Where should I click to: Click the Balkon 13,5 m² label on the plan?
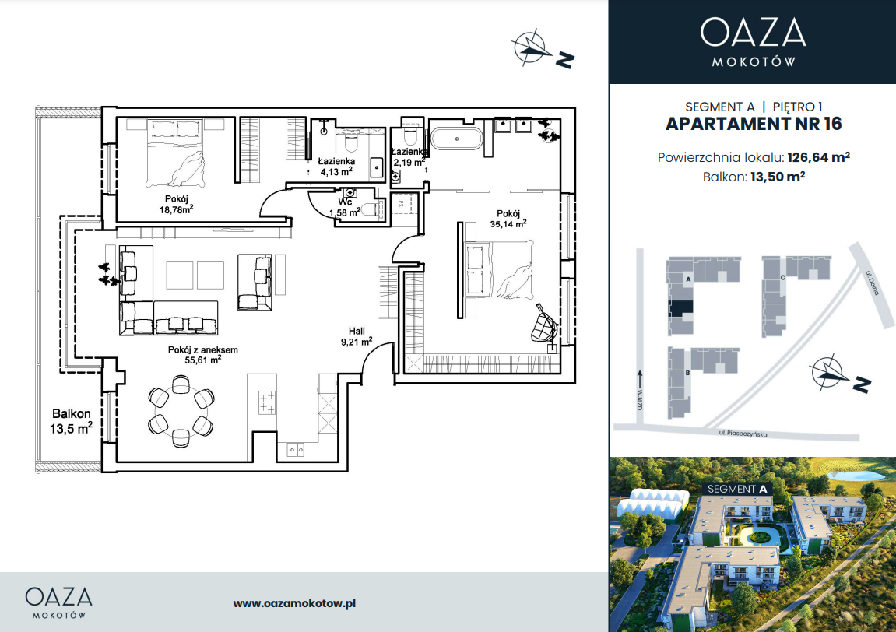(x=71, y=421)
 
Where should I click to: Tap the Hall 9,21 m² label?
(x=357, y=336)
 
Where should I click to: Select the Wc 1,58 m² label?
(x=345, y=208)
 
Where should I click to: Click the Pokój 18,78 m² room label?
(x=176, y=204)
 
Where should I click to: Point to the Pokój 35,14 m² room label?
(x=508, y=219)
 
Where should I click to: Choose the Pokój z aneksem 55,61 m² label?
(x=203, y=355)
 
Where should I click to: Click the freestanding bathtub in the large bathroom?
(x=457, y=139)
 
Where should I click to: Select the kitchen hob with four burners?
(x=267, y=402)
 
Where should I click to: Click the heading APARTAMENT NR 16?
(x=754, y=124)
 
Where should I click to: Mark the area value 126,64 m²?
(x=818, y=157)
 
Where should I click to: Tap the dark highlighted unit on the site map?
(x=680, y=308)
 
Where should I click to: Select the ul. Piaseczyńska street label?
(x=743, y=434)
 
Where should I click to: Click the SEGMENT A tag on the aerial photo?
(x=737, y=489)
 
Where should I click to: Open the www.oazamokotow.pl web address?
(x=294, y=603)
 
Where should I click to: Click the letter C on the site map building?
(x=783, y=278)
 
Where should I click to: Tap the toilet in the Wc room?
(x=371, y=209)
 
